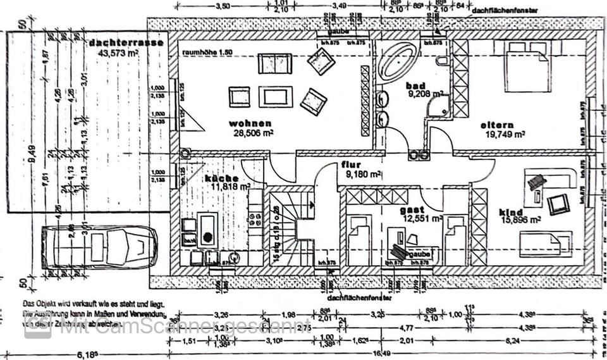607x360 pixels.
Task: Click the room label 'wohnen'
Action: (251, 123)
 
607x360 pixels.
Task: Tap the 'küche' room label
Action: (221, 178)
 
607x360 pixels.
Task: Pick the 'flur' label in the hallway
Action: (350, 163)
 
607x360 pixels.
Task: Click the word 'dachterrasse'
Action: (126, 43)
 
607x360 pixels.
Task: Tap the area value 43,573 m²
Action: (118, 53)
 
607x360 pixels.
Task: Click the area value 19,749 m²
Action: (505, 134)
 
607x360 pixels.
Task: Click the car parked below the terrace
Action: (99, 248)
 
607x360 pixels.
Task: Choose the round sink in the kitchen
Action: (207, 239)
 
